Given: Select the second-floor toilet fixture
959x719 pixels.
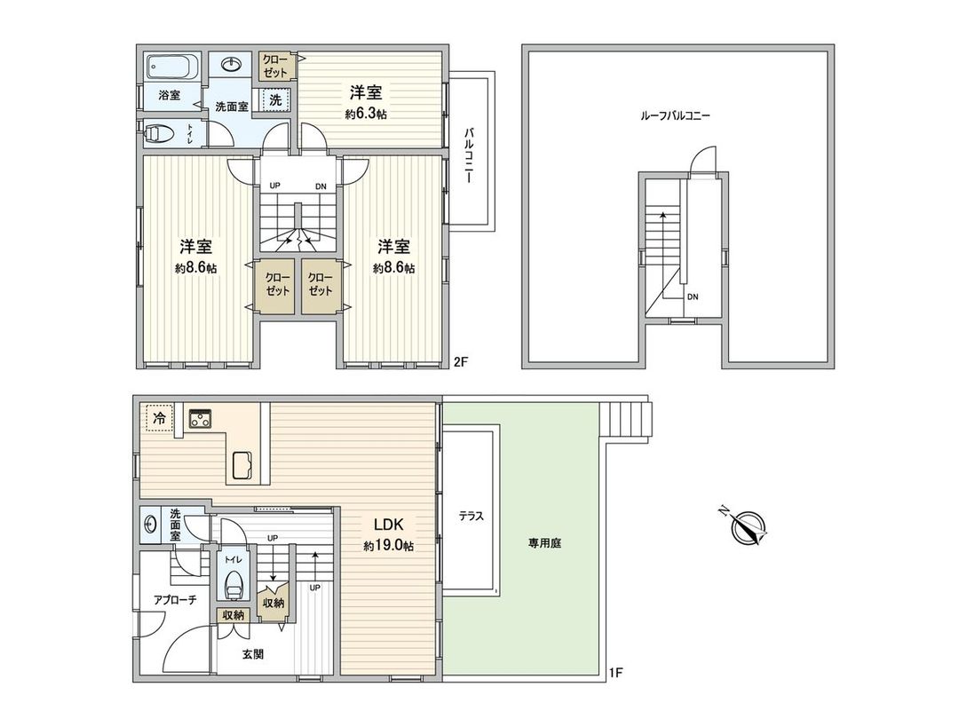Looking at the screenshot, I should tap(161, 134).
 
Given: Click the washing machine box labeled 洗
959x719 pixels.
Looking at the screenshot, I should tap(275, 100).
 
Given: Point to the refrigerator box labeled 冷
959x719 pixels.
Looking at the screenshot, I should tap(157, 417).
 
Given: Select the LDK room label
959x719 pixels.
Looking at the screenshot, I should tap(386, 524).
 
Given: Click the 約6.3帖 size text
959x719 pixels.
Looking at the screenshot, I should tap(366, 114).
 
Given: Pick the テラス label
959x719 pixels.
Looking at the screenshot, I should tap(471, 517).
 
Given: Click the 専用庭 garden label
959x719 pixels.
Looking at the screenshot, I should tap(543, 541).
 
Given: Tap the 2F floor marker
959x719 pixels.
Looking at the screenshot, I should tap(460, 361).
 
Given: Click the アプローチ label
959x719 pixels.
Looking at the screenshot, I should tap(174, 600).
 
